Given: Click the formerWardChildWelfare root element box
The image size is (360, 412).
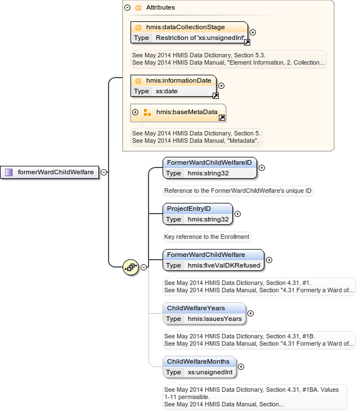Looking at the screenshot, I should pos(50,173).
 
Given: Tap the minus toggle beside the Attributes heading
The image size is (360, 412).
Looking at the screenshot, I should pos(128,8).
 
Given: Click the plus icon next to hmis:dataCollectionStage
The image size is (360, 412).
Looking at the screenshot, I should pos(253,33).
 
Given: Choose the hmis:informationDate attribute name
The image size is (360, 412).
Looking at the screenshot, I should pos(178,80).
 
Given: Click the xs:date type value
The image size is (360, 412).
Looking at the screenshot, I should pos(167,91).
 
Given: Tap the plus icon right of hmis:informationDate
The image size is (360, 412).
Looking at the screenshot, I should pos(221,86).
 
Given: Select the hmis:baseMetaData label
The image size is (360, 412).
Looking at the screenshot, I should pos(187,112).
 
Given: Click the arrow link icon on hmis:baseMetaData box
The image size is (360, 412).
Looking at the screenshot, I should pos(222,118).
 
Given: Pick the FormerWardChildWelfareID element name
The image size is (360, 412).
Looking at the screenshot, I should pos(209,162).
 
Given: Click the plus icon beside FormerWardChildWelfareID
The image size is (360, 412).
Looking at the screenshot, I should pos(262,167).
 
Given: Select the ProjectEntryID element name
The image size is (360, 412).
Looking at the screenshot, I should pos(188,209).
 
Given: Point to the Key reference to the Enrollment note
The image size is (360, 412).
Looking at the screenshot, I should pos(206,237).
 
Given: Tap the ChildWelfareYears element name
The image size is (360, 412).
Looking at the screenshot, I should pos(196,308).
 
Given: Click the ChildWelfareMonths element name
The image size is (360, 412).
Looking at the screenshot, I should pos(198,361).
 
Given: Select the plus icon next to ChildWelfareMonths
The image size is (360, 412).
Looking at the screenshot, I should pos(242,366).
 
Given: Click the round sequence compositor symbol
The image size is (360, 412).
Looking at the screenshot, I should pos(130,268).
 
